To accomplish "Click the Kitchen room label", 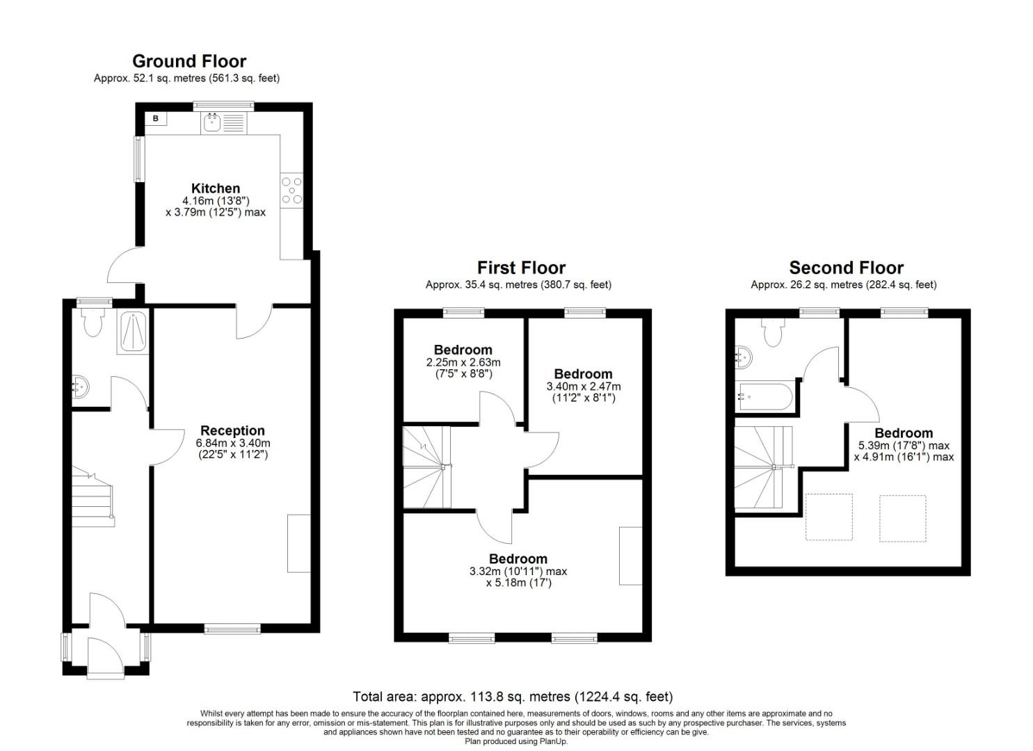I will [216, 188].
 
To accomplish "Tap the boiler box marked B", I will [156, 119].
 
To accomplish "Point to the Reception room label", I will [232, 430].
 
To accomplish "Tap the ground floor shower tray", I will [132, 332].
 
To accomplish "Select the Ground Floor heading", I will [189, 61].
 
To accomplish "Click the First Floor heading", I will [521, 268].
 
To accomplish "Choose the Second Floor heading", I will [846, 268].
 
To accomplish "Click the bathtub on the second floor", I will [765, 397].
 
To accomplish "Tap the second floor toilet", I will [773, 332].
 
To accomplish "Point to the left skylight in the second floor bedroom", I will [828, 517].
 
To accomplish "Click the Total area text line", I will [513, 696].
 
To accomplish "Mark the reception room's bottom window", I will [232, 629].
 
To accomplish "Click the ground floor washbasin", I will [81, 387].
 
